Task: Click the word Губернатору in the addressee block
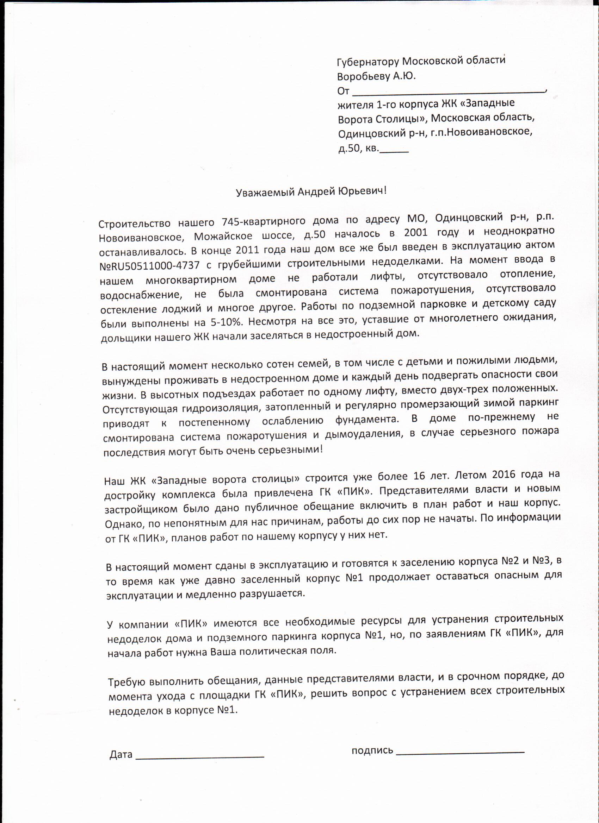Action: [368, 62]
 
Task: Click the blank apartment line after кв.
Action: [394, 150]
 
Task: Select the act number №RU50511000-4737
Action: [150, 266]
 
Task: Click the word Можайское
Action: [223, 237]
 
